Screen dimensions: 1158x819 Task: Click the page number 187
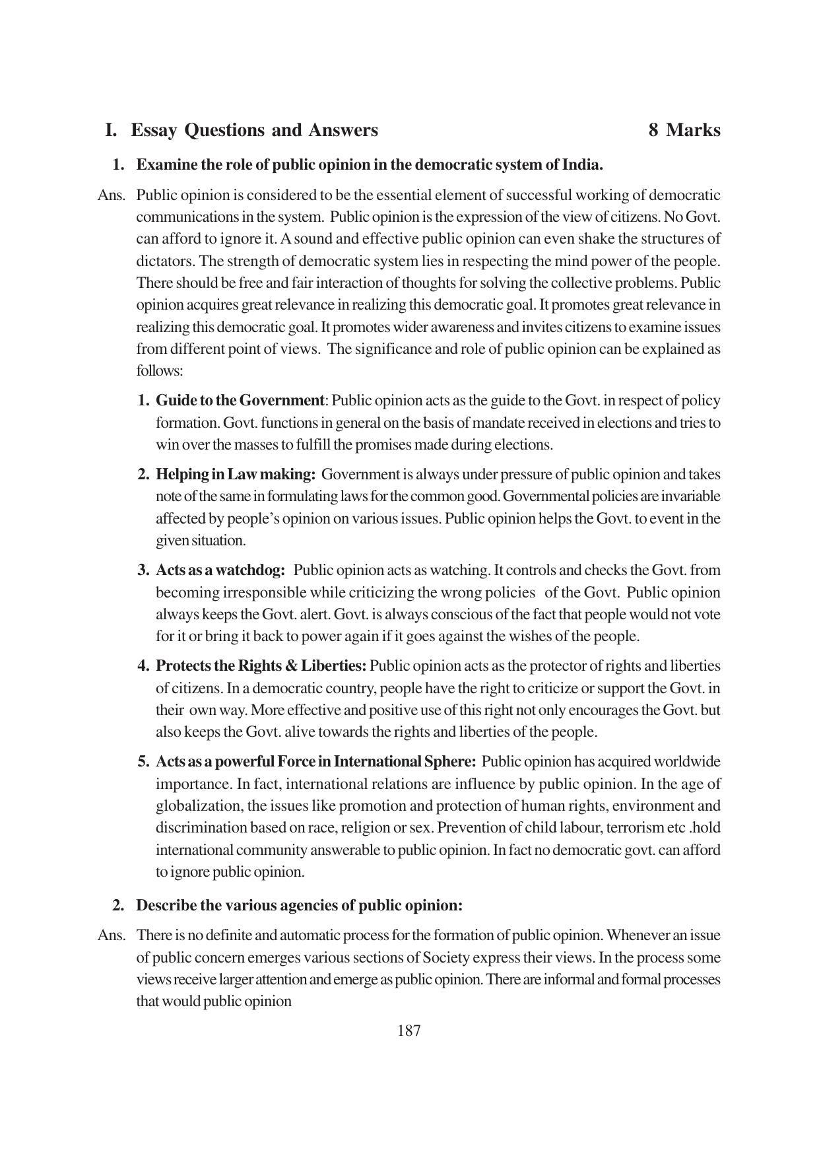click(x=409, y=1031)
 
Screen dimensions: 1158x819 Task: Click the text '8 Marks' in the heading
click(x=684, y=130)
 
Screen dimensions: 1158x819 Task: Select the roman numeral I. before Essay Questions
click(x=111, y=130)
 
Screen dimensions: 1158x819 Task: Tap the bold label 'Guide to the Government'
click(x=240, y=401)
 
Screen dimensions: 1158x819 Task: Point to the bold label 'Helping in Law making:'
click(x=236, y=475)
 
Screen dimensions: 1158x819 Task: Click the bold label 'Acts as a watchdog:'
click(x=220, y=570)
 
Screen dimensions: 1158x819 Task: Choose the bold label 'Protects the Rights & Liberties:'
click(x=261, y=666)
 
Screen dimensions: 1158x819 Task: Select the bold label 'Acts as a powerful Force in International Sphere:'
click(x=315, y=762)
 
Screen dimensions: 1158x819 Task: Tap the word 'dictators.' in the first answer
click(x=166, y=261)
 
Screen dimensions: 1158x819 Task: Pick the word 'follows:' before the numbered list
click(x=160, y=371)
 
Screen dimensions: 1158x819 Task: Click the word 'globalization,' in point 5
click(x=193, y=806)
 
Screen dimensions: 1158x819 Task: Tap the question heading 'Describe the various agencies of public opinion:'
click(x=299, y=905)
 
